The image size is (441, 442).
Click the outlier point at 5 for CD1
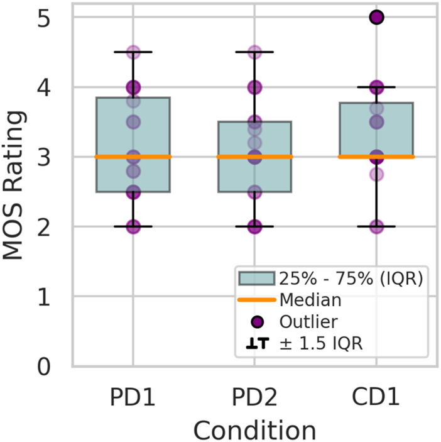click(376, 18)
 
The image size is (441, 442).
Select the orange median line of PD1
click(133, 157)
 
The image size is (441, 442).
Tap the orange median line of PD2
click(254, 157)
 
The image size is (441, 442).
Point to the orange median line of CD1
click(376, 157)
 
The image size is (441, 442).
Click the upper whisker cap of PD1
click(133, 52)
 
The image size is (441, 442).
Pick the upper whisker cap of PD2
click(254, 52)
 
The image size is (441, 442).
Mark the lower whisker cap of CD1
click(376, 226)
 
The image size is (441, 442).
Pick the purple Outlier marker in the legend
click(257, 321)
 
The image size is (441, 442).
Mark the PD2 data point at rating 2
click(254, 226)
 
